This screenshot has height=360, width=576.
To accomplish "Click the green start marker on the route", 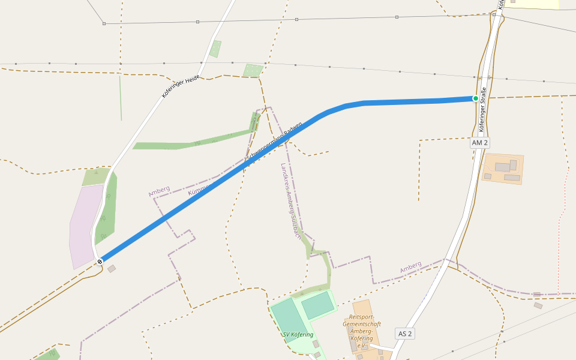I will tap(476, 98).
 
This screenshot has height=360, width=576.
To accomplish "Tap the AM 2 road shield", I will tap(479, 143).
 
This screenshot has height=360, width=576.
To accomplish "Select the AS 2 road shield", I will tap(405, 334).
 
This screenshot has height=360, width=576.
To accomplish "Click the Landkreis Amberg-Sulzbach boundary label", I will tap(291, 200).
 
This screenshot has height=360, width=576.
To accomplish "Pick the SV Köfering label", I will tap(298, 334).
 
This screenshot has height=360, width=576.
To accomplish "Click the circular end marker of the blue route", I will tap(100, 262).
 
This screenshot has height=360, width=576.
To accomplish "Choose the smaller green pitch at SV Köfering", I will tap(317, 305).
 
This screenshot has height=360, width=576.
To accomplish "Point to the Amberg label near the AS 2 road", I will tap(411, 266).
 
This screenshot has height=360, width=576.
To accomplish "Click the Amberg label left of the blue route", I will tap(159, 191).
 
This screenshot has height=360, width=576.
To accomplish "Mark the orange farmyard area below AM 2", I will tap(503, 169).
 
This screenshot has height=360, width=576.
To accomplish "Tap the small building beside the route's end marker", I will tap(112, 269).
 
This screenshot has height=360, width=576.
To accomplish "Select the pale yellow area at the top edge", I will tap(531, 4).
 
